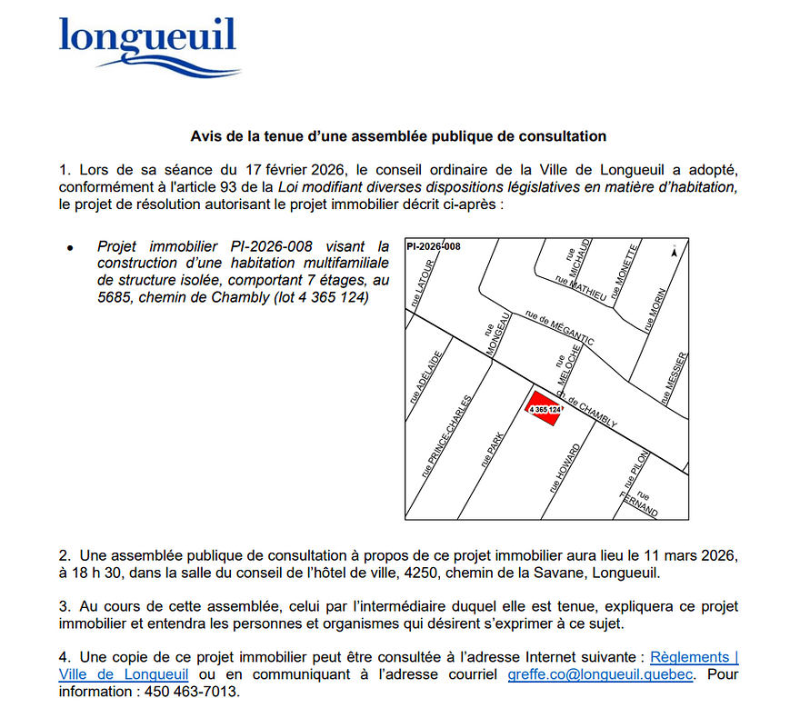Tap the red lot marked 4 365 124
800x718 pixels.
[x=545, y=406]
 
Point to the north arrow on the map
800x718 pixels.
[x=672, y=251]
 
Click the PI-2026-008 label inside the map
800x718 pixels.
[x=435, y=246]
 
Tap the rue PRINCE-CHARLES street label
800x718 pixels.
[x=446, y=436]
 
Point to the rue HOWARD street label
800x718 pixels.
[x=564, y=469]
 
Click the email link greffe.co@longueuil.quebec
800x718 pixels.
[x=600, y=674]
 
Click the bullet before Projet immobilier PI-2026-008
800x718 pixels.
[x=70, y=247]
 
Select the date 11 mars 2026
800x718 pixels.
[x=695, y=554]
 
